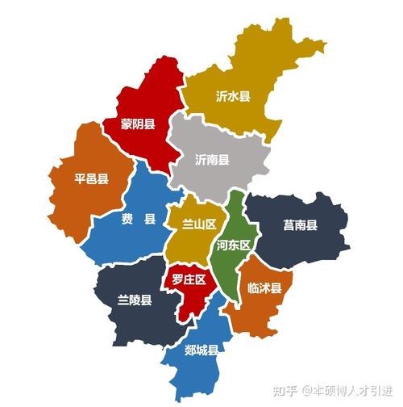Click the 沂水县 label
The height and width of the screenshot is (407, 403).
pyautogui.click(x=233, y=96)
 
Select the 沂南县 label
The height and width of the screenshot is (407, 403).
pyautogui.click(x=212, y=159)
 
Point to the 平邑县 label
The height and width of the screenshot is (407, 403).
pyautogui.click(x=91, y=178)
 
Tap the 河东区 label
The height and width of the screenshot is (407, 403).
pyautogui.click(x=235, y=245)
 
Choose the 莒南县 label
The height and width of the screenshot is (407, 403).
pyautogui.click(x=300, y=225)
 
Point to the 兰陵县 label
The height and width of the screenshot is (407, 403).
pyautogui.click(x=134, y=300)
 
